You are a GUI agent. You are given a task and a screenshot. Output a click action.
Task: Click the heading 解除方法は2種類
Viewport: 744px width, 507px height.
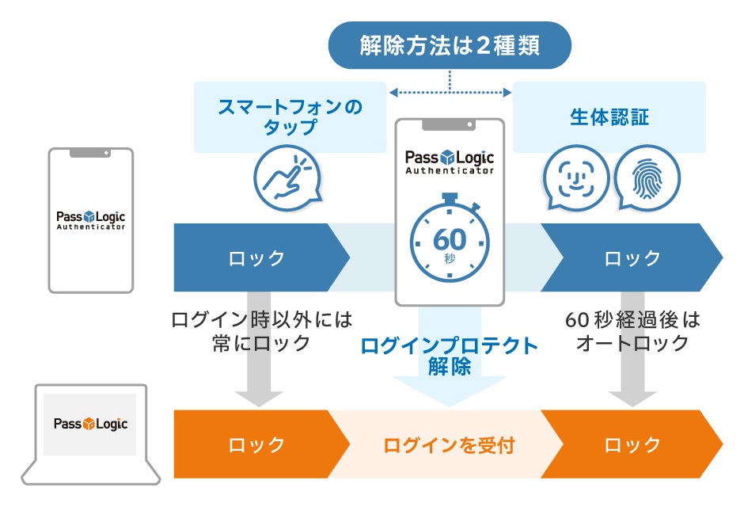pos(450,45)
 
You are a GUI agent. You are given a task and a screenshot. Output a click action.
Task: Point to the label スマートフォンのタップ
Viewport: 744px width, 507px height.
pos(290,117)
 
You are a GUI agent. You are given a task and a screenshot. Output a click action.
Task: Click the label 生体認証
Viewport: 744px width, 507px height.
pos(609,118)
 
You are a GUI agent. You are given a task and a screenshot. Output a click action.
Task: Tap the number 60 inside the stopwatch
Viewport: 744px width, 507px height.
pos(449,238)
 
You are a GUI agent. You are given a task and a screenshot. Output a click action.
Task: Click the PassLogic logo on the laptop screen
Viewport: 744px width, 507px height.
pos(90,424)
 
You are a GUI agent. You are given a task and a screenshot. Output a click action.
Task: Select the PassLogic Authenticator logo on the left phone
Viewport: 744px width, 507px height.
pos(90,219)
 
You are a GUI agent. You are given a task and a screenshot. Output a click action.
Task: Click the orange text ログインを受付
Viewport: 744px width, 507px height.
pos(449,445)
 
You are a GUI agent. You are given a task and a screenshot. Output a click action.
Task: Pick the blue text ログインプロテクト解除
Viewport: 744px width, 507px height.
pos(449,356)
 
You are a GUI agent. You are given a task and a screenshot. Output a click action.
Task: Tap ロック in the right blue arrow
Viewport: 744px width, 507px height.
pos(632,258)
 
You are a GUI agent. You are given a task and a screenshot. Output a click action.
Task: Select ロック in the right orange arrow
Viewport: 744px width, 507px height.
pos(632,445)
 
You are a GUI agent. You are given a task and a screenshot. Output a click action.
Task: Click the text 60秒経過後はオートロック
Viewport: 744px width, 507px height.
pos(632,332)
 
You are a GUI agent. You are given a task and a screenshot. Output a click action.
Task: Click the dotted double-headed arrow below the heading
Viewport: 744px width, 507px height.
pos(450,93)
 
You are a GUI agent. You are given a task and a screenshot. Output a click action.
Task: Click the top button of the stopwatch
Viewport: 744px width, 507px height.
pos(449,195)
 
